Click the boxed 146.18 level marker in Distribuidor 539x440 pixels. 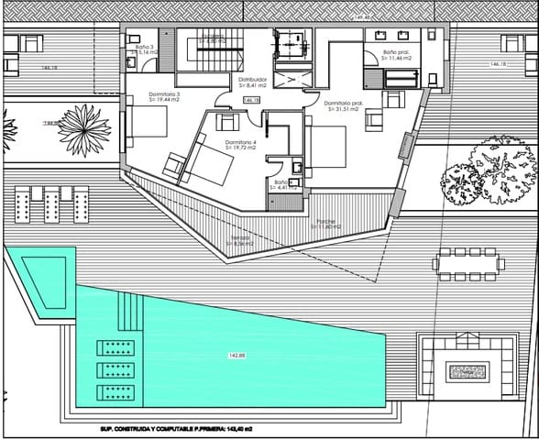tap(251, 100)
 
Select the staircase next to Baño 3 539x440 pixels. tap(209, 49)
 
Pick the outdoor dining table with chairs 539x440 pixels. tap(470, 263)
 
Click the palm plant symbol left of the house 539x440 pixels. tap(85, 124)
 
